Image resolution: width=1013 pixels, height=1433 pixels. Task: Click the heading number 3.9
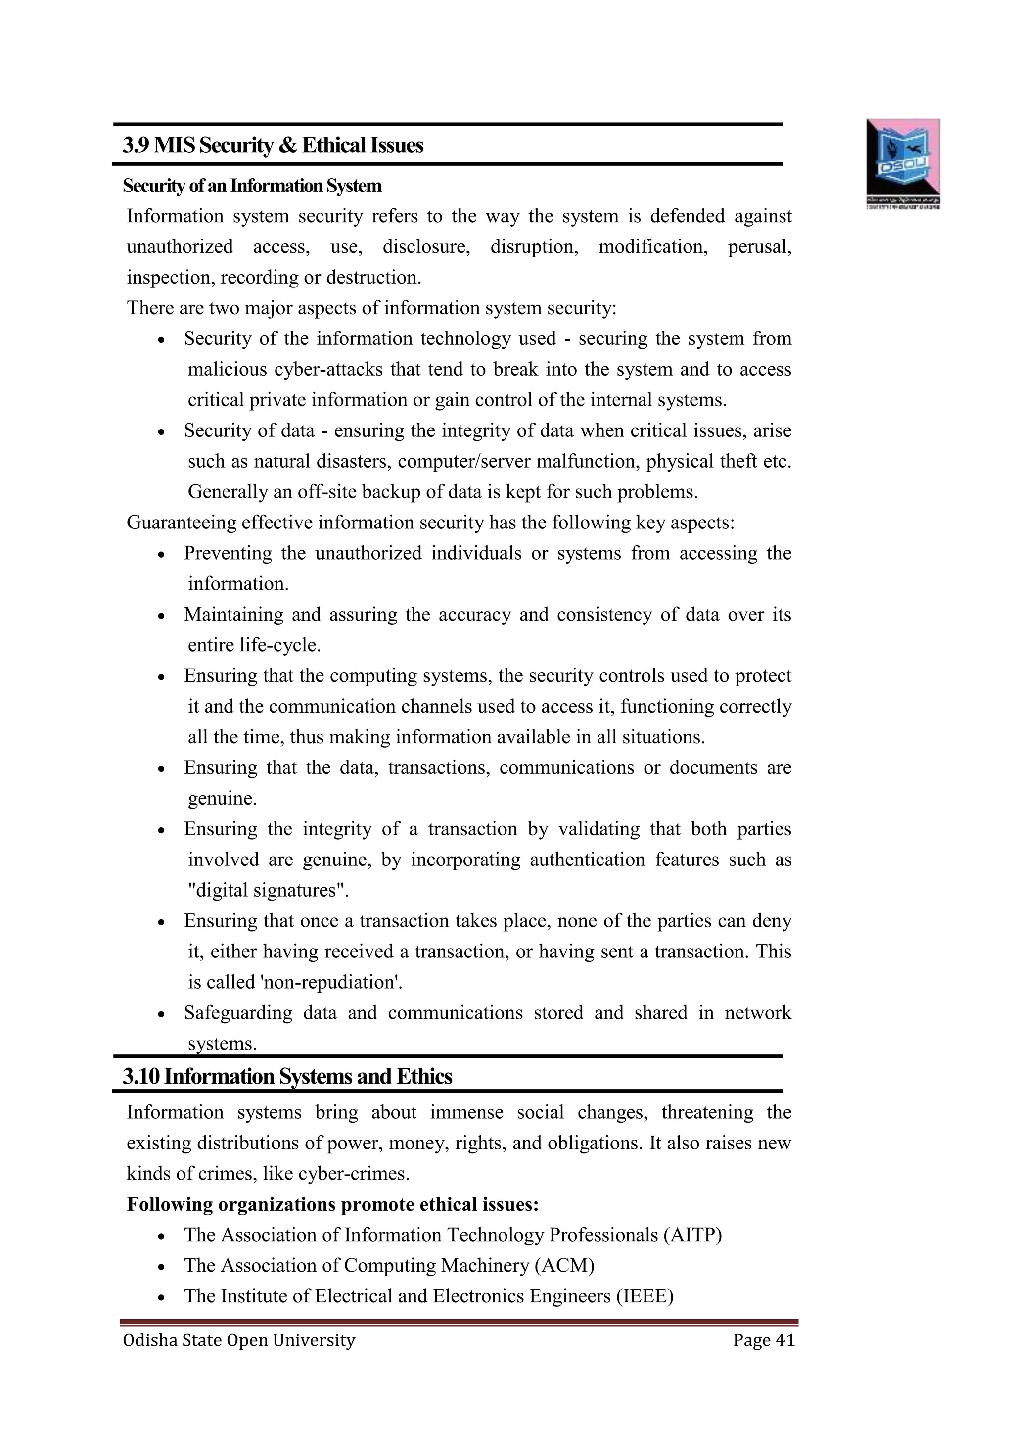136,145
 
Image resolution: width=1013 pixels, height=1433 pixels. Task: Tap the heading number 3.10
141,1077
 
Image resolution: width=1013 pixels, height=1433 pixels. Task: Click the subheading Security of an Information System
252,186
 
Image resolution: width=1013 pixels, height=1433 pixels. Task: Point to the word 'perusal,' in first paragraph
759,247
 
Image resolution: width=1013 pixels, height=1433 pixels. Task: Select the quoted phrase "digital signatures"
268,890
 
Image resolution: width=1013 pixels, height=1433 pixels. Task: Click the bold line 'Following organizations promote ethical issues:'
332,1204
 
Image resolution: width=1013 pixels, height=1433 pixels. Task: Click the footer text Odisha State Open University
239,1340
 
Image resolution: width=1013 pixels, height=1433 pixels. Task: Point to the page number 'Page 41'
764,1340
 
